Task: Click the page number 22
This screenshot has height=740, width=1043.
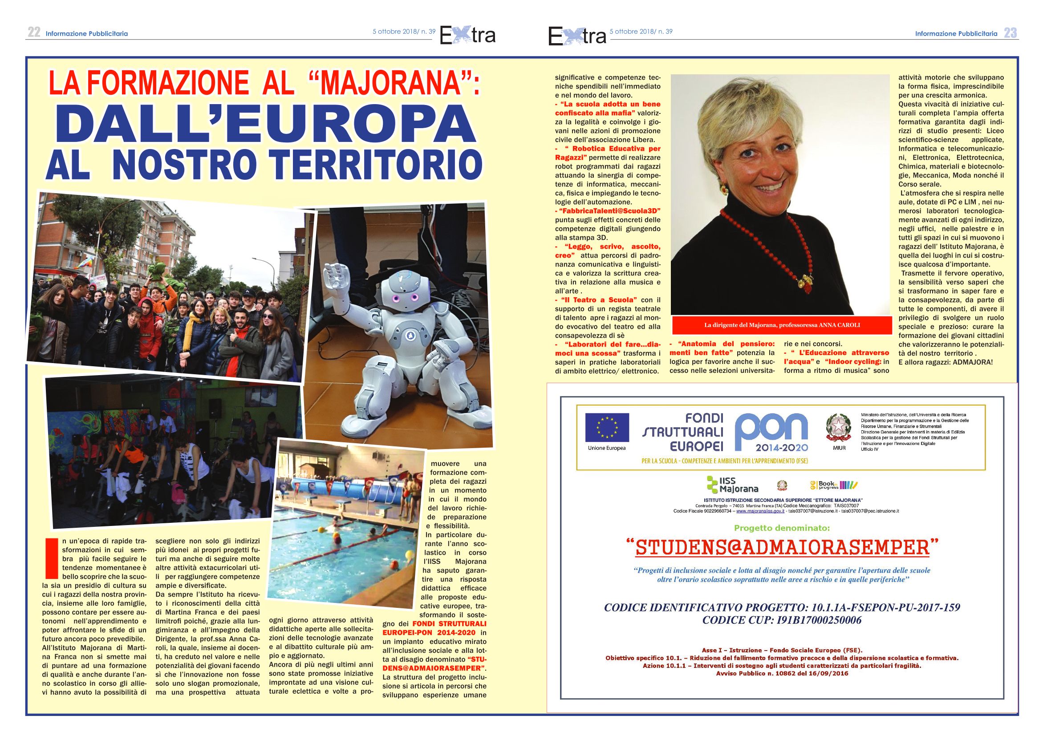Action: (34, 32)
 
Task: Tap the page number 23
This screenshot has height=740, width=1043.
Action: (1010, 33)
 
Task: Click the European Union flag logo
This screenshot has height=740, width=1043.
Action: (607, 427)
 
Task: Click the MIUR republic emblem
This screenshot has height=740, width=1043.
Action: (839, 428)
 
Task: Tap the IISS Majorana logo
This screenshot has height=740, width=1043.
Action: (732, 485)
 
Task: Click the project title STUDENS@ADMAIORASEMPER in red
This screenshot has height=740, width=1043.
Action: (782, 547)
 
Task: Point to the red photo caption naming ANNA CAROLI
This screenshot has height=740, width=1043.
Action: (782, 325)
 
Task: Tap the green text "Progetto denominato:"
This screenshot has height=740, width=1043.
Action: (782, 528)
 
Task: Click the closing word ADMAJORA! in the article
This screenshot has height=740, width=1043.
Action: (972, 362)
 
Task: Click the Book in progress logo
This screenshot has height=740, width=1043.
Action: (833, 485)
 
